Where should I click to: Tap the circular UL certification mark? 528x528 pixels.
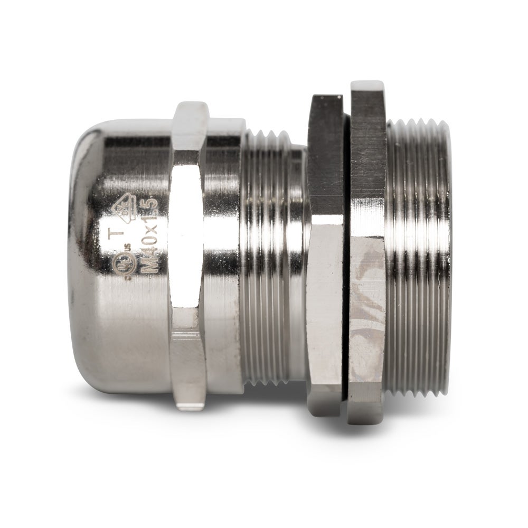[x=125, y=266]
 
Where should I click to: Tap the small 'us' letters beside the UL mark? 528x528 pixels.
[x=128, y=246]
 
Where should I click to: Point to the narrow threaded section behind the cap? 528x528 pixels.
[x=272, y=253]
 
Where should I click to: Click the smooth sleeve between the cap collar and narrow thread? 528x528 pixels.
[x=224, y=253]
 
